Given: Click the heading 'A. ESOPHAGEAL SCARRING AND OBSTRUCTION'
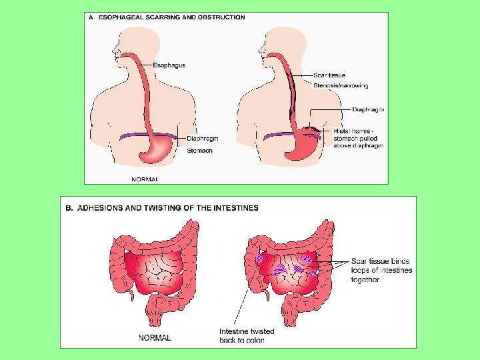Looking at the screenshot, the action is click(x=167, y=17).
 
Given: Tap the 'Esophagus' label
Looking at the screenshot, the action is click(x=169, y=65).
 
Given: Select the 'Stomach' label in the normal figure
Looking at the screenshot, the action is click(x=199, y=151).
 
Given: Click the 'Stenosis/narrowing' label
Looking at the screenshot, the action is click(x=340, y=85).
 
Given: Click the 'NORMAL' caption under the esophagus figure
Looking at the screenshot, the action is click(x=145, y=179).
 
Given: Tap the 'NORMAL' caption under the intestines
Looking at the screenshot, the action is click(x=155, y=337).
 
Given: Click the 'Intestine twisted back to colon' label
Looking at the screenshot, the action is click(x=246, y=335).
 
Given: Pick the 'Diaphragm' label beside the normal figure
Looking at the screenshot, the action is click(x=202, y=139).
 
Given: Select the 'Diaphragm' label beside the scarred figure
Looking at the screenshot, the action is click(x=368, y=109).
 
